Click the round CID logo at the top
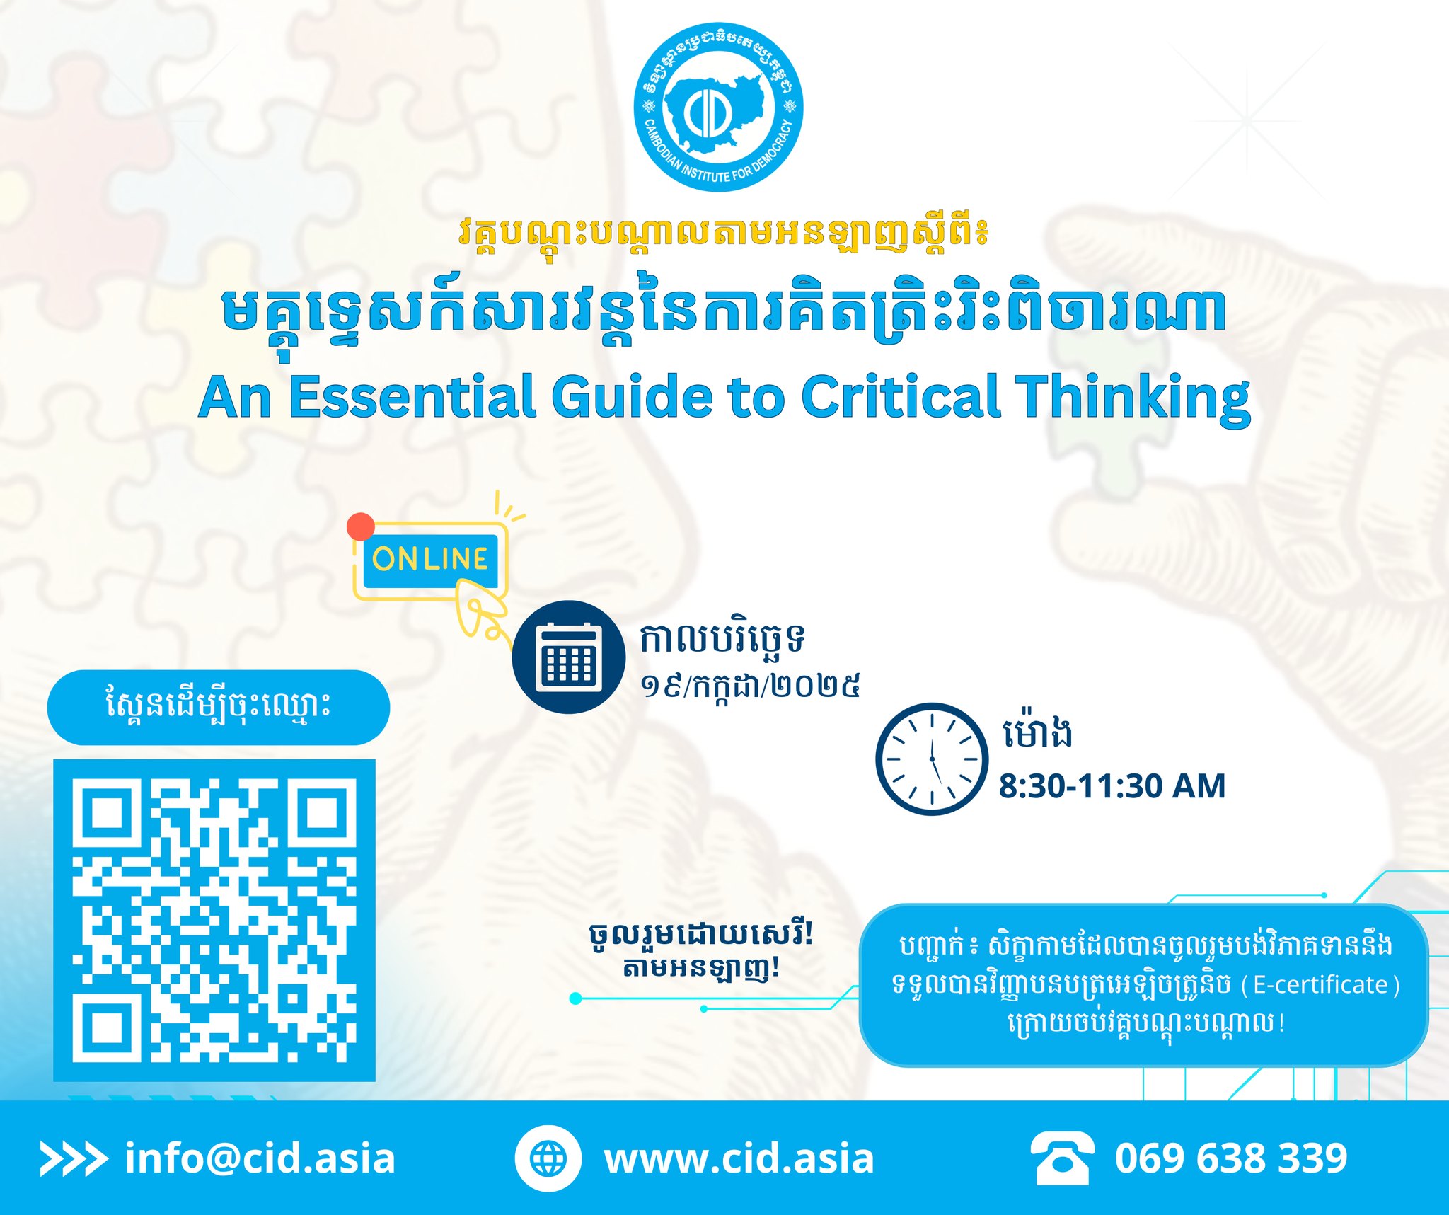pyautogui.click(x=718, y=107)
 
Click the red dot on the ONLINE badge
pyautogui.click(x=361, y=526)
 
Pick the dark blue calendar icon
pyautogui.click(x=569, y=657)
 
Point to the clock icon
pyautogui.click(x=932, y=759)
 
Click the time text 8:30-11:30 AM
pyautogui.click(x=1112, y=786)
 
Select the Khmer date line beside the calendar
pyautogui.click(x=750, y=685)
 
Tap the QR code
pyautogui.click(x=214, y=921)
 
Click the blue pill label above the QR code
pyautogui.click(x=219, y=708)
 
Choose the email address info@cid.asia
pyautogui.click(x=260, y=1158)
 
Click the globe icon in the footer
pyautogui.click(x=548, y=1158)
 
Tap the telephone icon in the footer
pyautogui.click(x=1062, y=1158)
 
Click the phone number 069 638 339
pyautogui.click(x=1231, y=1158)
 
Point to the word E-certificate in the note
pyautogui.click(x=1320, y=985)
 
